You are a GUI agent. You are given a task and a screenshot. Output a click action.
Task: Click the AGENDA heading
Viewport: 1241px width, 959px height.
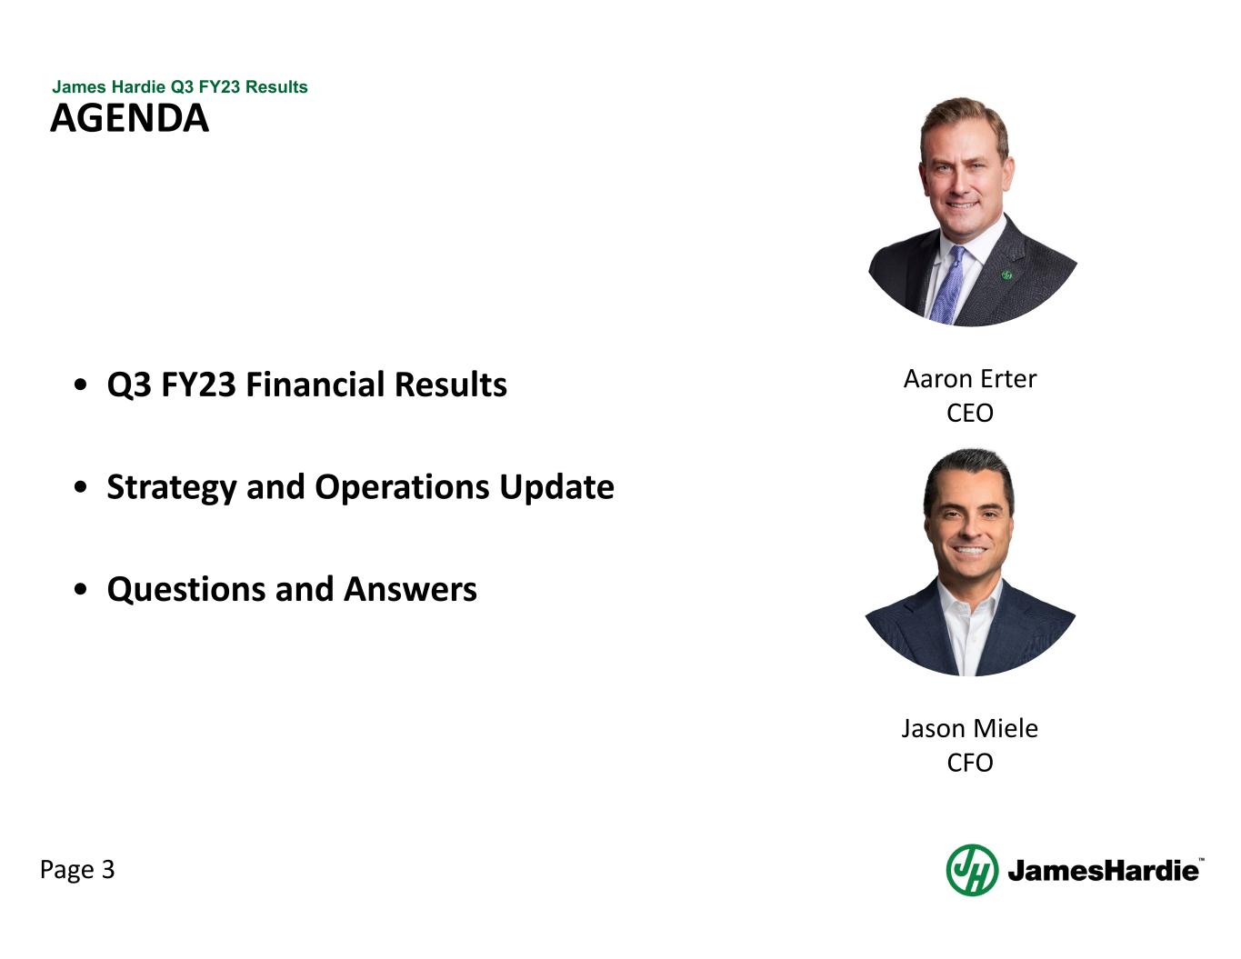pyautogui.click(x=130, y=118)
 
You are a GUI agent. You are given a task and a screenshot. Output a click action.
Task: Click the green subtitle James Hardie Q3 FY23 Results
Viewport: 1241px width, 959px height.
pyautogui.click(x=179, y=86)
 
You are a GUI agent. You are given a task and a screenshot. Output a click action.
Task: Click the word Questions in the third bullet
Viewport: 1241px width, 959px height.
pyautogui.click(x=186, y=590)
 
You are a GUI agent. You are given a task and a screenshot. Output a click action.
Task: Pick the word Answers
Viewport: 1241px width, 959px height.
pyautogui.click(x=410, y=590)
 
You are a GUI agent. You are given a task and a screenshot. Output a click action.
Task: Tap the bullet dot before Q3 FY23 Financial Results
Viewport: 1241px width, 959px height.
pyautogui.click(x=81, y=385)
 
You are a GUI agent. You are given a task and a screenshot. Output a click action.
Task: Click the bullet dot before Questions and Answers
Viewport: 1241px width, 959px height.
pyautogui.click(x=81, y=590)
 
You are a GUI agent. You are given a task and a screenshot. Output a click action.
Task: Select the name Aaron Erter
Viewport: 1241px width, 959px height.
pyautogui.click(x=970, y=379)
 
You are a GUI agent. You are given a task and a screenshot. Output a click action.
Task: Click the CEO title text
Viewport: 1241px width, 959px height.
pyautogui.click(x=970, y=414)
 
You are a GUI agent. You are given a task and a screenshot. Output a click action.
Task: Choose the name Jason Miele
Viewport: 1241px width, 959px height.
pyautogui.click(x=970, y=729)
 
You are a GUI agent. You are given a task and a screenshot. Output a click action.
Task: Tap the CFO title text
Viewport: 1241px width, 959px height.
pyautogui.click(x=970, y=764)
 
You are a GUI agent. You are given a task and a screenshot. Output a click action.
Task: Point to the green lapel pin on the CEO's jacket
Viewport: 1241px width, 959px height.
pyautogui.click(x=1006, y=275)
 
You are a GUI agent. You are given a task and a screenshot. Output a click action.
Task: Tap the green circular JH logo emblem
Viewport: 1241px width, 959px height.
pyautogui.click(x=973, y=871)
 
